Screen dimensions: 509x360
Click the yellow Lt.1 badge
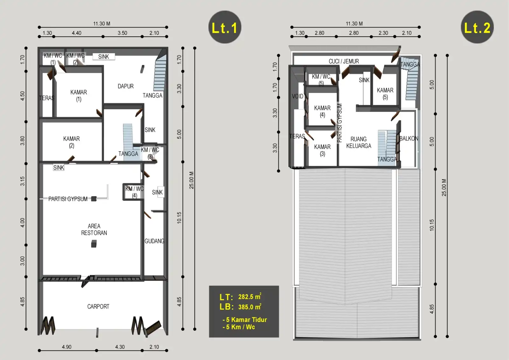225,27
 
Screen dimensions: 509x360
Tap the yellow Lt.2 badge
477,27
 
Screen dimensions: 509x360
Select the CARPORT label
98,307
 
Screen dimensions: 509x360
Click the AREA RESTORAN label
94,229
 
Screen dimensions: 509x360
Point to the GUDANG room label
154,241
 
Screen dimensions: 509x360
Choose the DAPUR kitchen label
126,86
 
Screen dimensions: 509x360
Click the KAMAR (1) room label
79,96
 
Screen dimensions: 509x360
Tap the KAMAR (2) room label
72,142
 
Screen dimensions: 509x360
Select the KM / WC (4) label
135,192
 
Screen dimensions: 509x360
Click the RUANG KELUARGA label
359,142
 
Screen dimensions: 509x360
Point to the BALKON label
409,138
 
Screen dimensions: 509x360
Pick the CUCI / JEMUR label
344,61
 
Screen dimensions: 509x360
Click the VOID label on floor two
297,96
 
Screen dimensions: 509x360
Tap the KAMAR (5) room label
385,94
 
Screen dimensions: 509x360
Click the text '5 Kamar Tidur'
246,320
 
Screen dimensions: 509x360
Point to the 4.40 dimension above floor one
77,33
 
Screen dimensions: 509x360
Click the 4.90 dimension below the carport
66,347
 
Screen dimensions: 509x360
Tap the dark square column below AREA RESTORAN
94,244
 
